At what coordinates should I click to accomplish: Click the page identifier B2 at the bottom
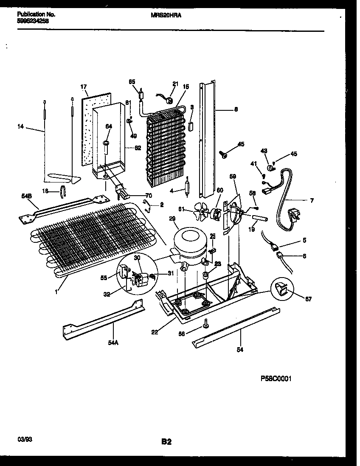166,442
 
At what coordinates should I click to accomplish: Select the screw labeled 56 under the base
205,324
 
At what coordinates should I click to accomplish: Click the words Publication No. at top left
36,14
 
